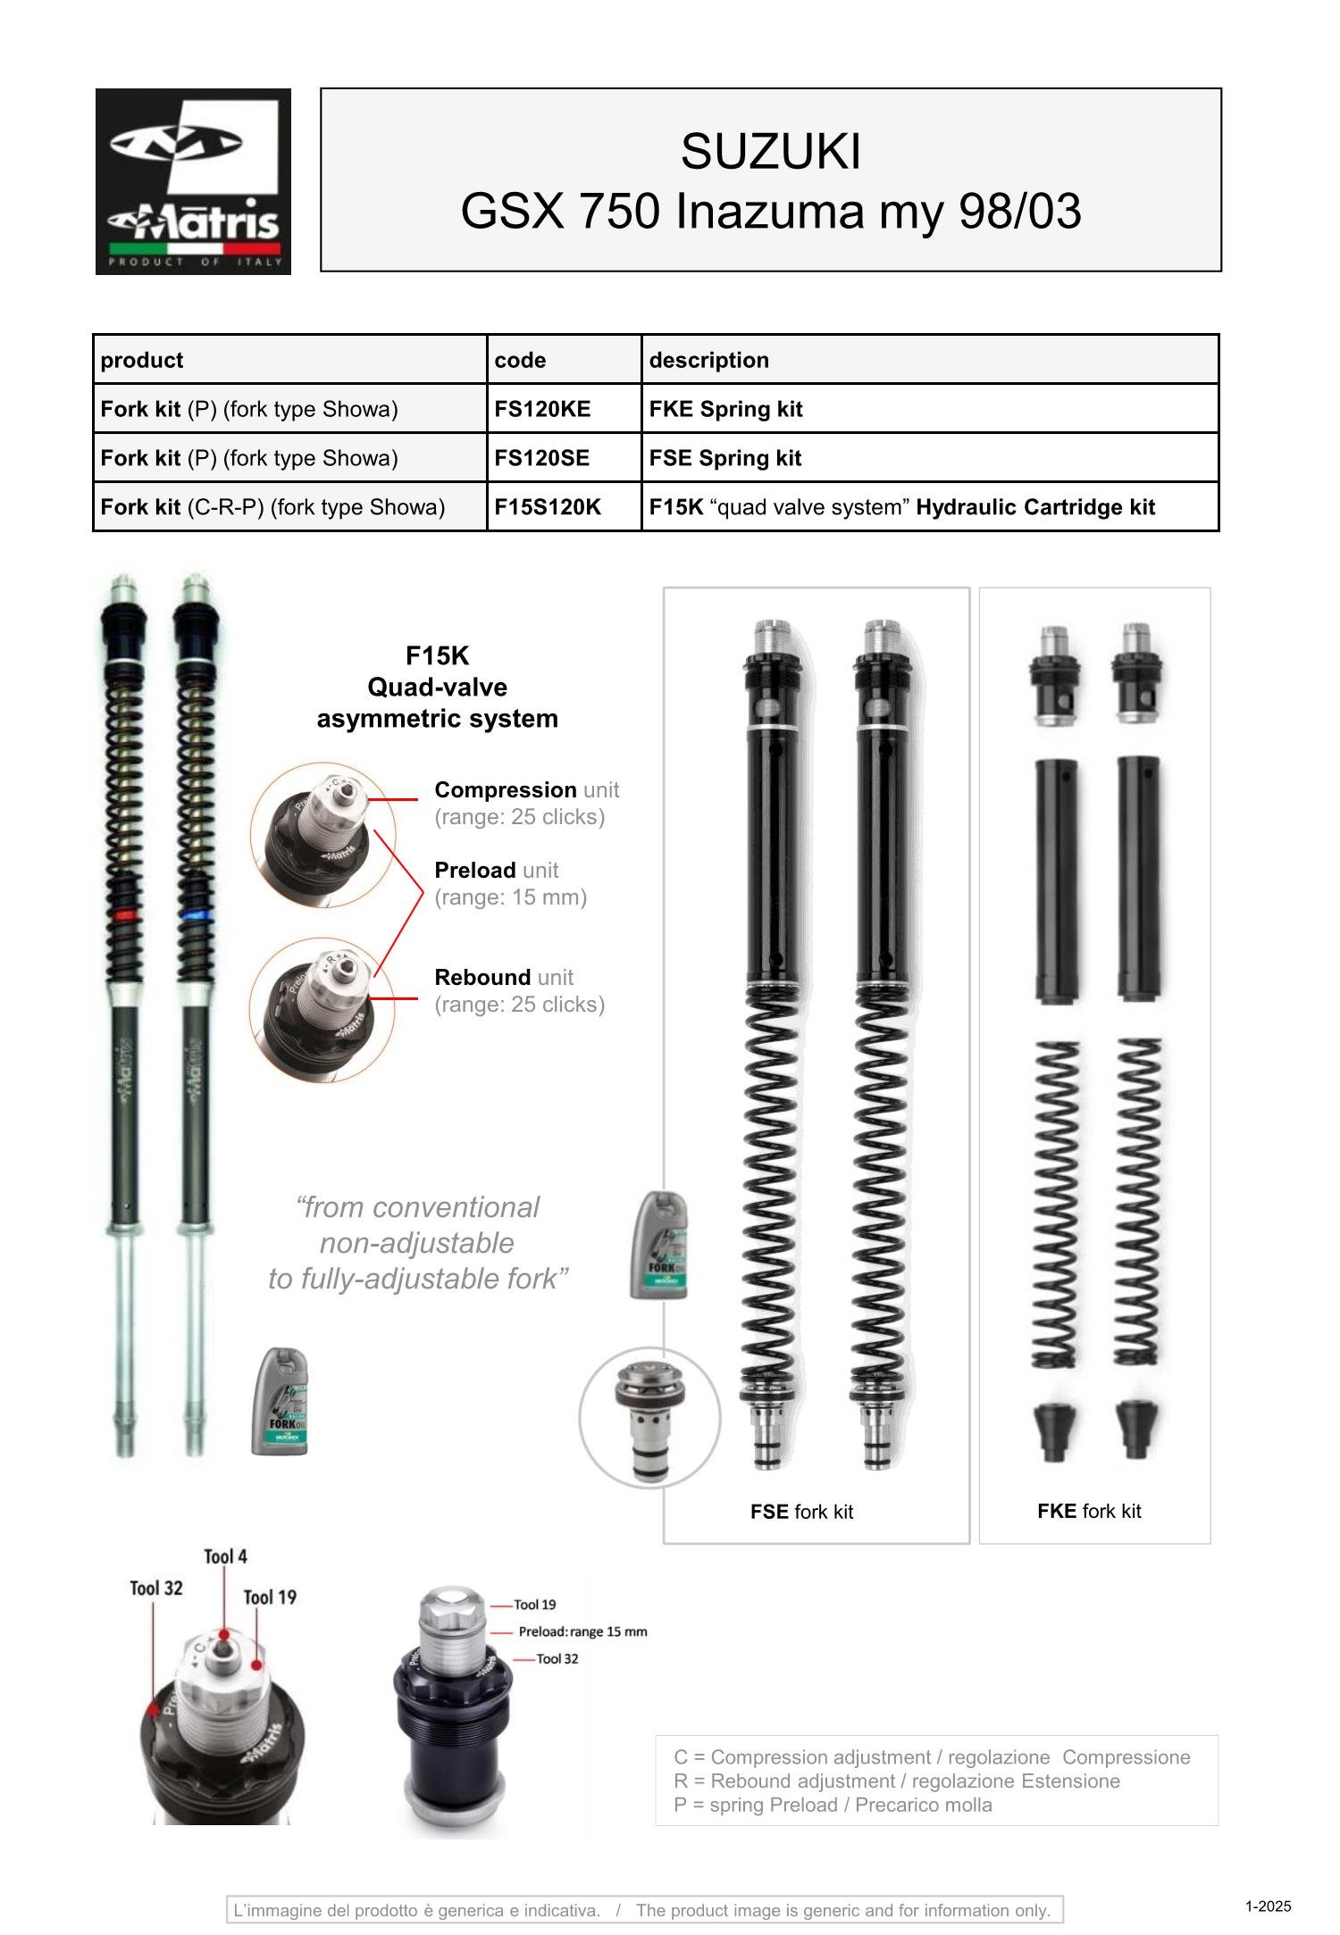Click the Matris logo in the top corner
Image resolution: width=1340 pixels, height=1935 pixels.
193,181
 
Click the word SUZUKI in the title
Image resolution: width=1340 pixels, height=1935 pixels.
770,151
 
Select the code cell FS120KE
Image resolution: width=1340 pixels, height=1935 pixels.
542,409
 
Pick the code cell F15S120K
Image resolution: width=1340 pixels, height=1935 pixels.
548,507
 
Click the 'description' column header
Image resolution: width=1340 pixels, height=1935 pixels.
708,360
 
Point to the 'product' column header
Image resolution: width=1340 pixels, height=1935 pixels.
141,360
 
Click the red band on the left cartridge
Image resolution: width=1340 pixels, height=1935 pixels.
124,916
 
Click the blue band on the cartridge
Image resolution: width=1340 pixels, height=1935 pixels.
195,916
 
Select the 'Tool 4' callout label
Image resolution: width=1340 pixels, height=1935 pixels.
225,1556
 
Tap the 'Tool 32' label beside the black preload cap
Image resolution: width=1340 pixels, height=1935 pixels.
557,1658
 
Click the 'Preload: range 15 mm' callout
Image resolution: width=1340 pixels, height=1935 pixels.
582,1631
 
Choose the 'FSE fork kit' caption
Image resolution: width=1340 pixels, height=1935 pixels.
801,1512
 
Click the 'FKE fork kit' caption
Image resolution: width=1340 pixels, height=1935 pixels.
1089,1511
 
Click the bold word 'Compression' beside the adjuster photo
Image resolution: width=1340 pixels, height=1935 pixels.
505,789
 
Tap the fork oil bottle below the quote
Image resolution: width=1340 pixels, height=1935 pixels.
280,1400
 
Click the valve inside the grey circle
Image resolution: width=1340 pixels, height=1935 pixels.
649,1417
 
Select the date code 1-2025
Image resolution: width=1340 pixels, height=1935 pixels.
1268,1906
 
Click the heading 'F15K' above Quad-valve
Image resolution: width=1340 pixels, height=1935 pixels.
437,656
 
